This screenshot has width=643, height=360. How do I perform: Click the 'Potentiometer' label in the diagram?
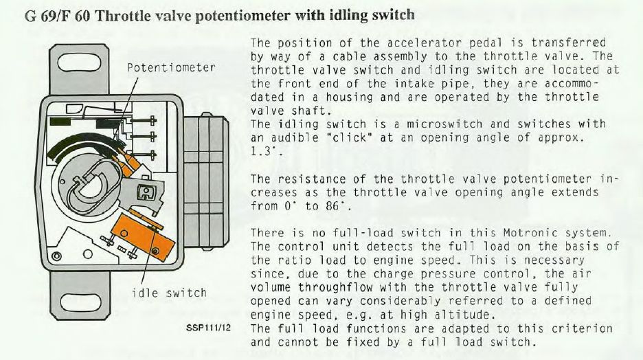(172, 69)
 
